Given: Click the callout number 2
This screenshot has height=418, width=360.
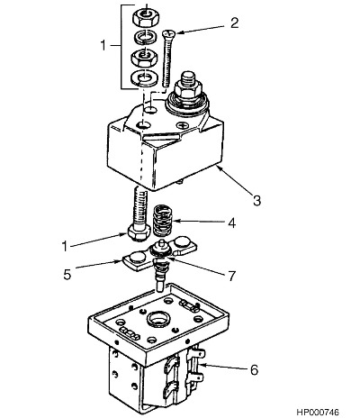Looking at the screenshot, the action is click(234, 23).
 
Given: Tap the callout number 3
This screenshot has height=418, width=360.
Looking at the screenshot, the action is click(256, 200).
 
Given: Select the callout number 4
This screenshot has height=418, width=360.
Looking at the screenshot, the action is click(231, 223).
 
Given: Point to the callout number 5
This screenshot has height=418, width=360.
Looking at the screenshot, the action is click(67, 275).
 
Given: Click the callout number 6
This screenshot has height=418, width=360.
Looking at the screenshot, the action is click(254, 369).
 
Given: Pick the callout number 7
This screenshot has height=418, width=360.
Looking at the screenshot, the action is click(231, 277).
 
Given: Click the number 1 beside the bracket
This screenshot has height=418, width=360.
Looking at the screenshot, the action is click(103, 45).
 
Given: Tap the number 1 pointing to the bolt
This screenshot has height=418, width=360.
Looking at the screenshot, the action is click(65, 246).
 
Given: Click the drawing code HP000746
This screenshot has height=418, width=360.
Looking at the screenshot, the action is click(319, 412).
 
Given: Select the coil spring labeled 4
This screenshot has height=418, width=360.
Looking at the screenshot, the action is click(162, 222).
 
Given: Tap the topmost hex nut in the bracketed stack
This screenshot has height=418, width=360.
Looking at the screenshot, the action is click(145, 17).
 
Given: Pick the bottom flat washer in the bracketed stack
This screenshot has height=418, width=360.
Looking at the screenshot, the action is click(145, 77).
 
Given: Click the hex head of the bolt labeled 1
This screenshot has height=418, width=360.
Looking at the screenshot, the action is click(139, 233).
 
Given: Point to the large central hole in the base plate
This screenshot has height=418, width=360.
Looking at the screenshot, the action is click(158, 319).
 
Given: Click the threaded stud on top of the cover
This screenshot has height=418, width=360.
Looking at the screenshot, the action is click(188, 78).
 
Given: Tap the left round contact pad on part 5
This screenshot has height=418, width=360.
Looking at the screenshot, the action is click(136, 258).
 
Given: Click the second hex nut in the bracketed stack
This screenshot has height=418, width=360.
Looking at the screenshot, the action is click(145, 57).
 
